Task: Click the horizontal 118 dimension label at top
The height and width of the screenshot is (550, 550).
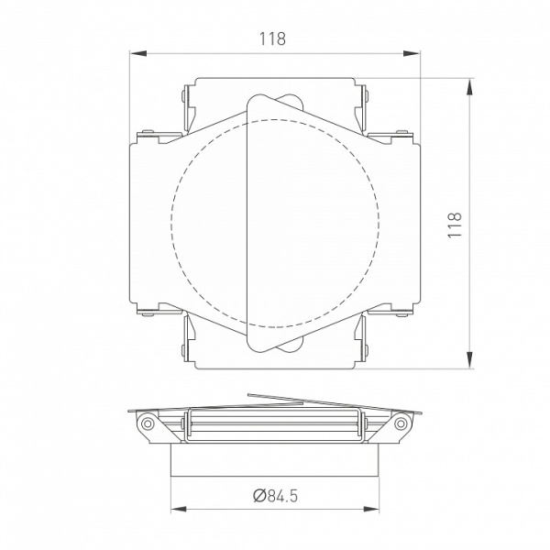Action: [273, 38]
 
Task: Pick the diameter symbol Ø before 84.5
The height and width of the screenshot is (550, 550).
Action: [259, 496]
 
